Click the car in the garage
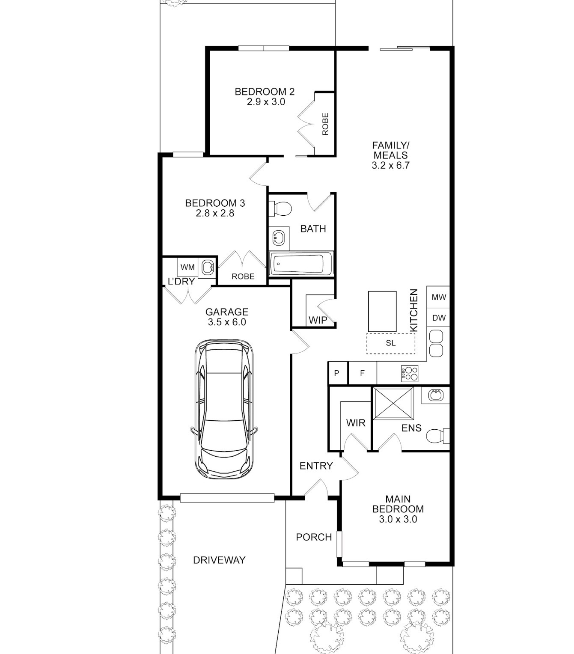[x=224, y=409]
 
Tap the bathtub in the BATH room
[x=300, y=264]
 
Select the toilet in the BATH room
[x=280, y=208]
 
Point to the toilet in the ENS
[x=438, y=436]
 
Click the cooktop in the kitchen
[x=409, y=374]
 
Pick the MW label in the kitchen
[x=439, y=297]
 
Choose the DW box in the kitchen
[x=438, y=318]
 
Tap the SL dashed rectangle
[x=391, y=343]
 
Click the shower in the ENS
[x=393, y=404]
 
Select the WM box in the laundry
[x=187, y=267]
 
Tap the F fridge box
[x=362, y=373]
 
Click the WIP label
[x=318, y=320]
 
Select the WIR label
[x=355, y=422]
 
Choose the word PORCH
[x=314, y=537]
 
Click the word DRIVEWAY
[x=219, y=560]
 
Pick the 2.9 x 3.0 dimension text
[x=266, y=102]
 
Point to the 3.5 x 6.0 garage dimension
[x=227, y=322]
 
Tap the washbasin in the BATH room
[x=278, y=238]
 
